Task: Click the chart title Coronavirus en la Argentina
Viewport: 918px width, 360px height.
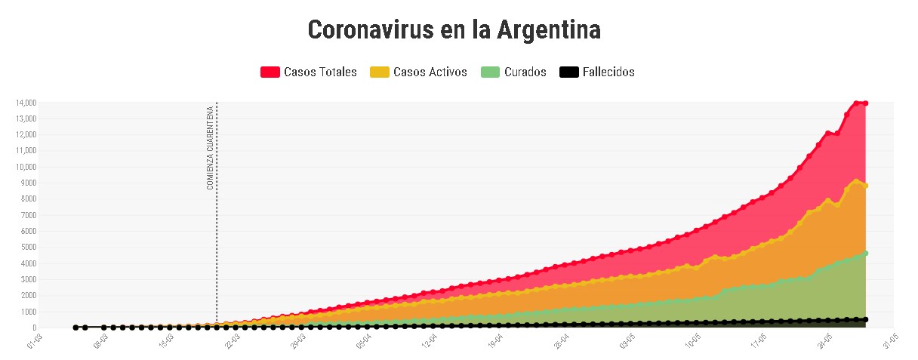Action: (x=454, y=31)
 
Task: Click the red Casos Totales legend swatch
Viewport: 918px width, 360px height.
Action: (x=270, y=72)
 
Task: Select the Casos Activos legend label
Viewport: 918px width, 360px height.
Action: (x=430, y=72)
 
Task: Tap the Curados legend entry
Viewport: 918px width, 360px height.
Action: (x=525, y=72)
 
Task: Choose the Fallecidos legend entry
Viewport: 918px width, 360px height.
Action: (x=608, y=72)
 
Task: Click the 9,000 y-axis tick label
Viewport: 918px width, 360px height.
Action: (x=27, y=183)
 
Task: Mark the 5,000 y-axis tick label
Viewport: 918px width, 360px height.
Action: (x=27, y=248)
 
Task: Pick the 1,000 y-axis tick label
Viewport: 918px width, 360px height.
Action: (x=27, y=312)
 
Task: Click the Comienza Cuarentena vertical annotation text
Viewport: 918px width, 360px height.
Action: (x=210, y=148)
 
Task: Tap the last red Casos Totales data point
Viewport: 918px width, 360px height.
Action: (x=865, y=103)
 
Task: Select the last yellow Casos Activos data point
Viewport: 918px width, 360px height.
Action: (x=865, y=186)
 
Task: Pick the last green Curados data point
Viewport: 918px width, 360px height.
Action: (x=865, y=253)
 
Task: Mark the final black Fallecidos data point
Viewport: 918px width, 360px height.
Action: (x=865, y=319)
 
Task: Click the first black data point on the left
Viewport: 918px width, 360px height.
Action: (x=75, y=328)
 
